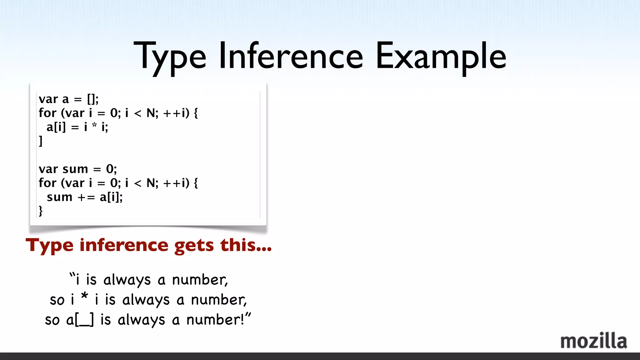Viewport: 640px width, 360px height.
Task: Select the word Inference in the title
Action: (x=291, y=56)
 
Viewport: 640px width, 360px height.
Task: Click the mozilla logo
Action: (x=593, y=341)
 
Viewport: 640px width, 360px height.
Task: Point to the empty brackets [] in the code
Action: (x=92, y=99)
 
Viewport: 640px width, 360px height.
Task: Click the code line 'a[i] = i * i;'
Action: (x=77, y=127)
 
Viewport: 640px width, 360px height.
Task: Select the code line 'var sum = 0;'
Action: (x=77, y=169)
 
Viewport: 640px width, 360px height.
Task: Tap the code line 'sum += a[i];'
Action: (x=85, y=197)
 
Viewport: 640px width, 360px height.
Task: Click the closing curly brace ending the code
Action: (x=41, y=211)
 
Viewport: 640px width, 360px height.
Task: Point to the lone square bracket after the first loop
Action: (x=41, y=141)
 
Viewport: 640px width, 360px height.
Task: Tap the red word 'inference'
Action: (x=124, y=245)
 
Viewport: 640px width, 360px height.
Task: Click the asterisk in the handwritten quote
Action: (x=84, y=296)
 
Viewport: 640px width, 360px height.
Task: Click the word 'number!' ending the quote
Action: (x=215, y=320)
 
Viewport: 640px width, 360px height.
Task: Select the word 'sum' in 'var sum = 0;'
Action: (x=75, y=169)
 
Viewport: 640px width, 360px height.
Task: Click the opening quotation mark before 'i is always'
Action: (x=72, y=275)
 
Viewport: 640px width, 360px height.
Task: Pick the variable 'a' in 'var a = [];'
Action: (x=65, y=99)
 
